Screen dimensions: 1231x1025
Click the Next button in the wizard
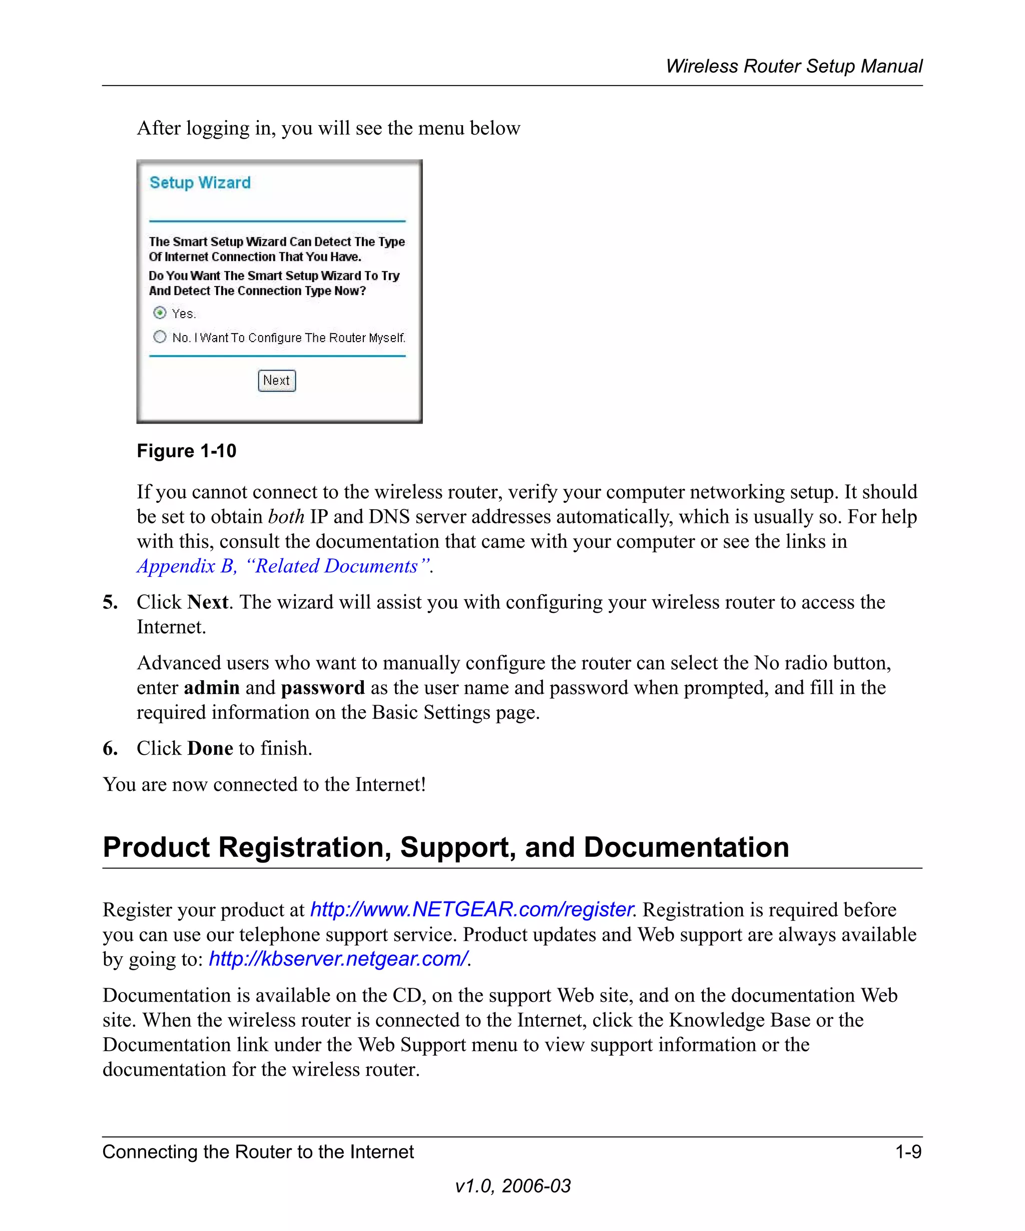pos(276,381)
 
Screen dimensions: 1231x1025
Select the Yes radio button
pos(159,313)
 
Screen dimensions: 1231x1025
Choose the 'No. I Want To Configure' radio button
pos(159,337)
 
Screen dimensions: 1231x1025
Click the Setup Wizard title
pos(200,182)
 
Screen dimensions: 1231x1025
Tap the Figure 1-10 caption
pos(186,451)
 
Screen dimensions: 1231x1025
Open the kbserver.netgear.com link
pos(338,959)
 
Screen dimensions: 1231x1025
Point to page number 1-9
pos(908,1152)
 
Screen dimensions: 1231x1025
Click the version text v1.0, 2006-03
pos(512,1186)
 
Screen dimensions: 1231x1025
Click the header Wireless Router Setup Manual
pos(794,66)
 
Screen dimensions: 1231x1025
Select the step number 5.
pos(110,602)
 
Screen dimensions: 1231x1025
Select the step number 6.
pos(110,749)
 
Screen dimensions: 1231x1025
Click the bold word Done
pos(210,749)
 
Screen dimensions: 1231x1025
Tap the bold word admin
pos(211,688)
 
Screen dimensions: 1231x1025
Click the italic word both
pos(286,517)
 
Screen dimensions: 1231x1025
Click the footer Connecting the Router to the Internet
pos(258,1152)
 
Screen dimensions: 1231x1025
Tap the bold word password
pos(323,688)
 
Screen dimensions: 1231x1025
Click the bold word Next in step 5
pos(208,602)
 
